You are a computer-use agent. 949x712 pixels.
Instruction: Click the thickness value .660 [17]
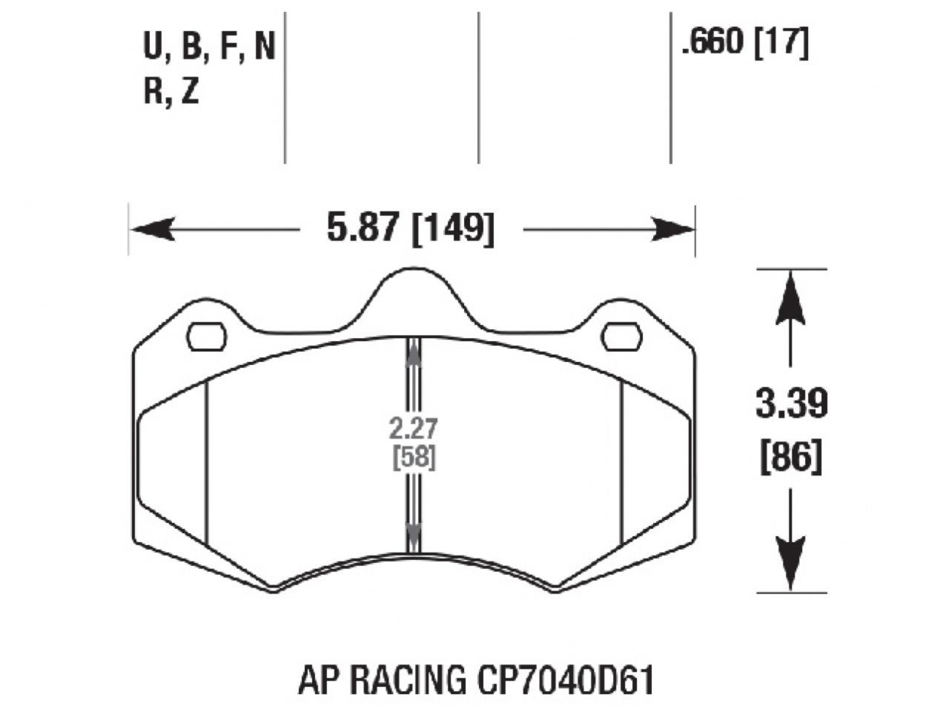744,44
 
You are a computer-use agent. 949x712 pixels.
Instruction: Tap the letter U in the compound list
152,47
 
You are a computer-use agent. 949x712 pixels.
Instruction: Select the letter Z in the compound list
191,92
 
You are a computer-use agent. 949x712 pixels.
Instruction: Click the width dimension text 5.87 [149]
410,228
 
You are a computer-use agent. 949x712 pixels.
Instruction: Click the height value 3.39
791,405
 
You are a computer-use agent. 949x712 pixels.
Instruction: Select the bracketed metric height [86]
791,457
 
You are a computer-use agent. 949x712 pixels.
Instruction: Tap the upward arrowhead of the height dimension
791,297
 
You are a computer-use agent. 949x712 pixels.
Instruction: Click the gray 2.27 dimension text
413,428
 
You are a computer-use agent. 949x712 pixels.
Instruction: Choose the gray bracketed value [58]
413,458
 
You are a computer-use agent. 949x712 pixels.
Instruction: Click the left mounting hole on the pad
207,337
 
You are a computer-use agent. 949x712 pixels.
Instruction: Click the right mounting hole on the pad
621,337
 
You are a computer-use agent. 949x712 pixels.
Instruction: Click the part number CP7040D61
562,682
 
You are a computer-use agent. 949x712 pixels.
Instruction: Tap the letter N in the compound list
264,47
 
